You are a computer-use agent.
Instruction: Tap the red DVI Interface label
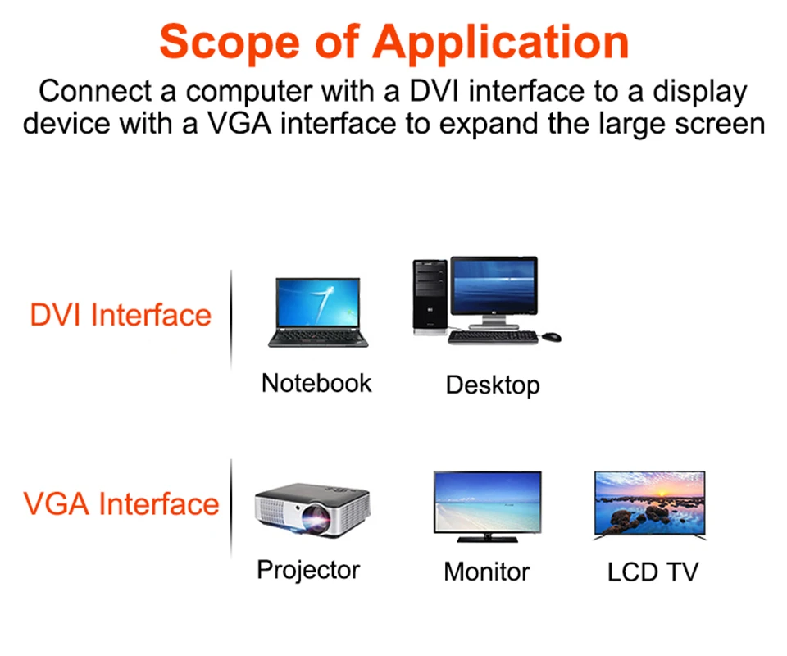pyautogui.click(x=121, y=315)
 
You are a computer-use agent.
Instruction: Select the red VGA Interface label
pyautogui.click(x=121, y=504)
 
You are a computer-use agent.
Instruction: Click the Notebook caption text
pyautogui.click(x=316, y=384)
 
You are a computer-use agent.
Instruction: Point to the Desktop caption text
pyautogui.click(x=493, y=385)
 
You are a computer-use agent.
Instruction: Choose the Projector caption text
pyautogui.click(x=308, y=570)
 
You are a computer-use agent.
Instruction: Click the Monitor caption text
pyautogui.click(x=487, y=572)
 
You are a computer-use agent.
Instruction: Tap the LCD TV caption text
pyautogui.click(x=653, y=572)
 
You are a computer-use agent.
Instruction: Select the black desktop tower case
pyautogui.click(x=430, y=297)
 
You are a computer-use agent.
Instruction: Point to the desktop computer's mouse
pyautogui.click(x=552, y=337)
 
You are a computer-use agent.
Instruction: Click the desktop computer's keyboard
pyautogui.click(x=493, y=337)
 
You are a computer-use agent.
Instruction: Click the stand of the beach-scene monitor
pyautogui.click(x=487, y=538)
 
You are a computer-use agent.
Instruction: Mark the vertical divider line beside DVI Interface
pyautogui.click(x=231, y=321)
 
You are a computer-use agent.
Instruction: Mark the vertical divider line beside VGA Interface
pyautogui.click(x=231, y=508)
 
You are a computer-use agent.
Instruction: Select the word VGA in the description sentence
pyautogui.click(x=239, y=124)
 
